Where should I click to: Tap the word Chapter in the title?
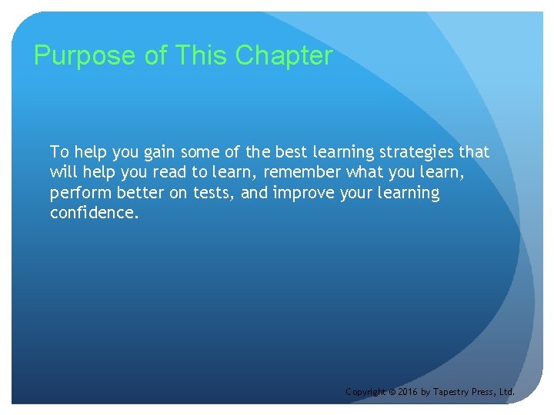(284, 56)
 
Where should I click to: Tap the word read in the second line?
(170, 172)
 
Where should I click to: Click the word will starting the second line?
(62, 172)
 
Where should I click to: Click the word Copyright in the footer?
(365, 392)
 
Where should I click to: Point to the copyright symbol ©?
(392, 392)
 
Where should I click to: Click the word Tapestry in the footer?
(452, 392)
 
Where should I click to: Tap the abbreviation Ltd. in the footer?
(507, 392)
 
